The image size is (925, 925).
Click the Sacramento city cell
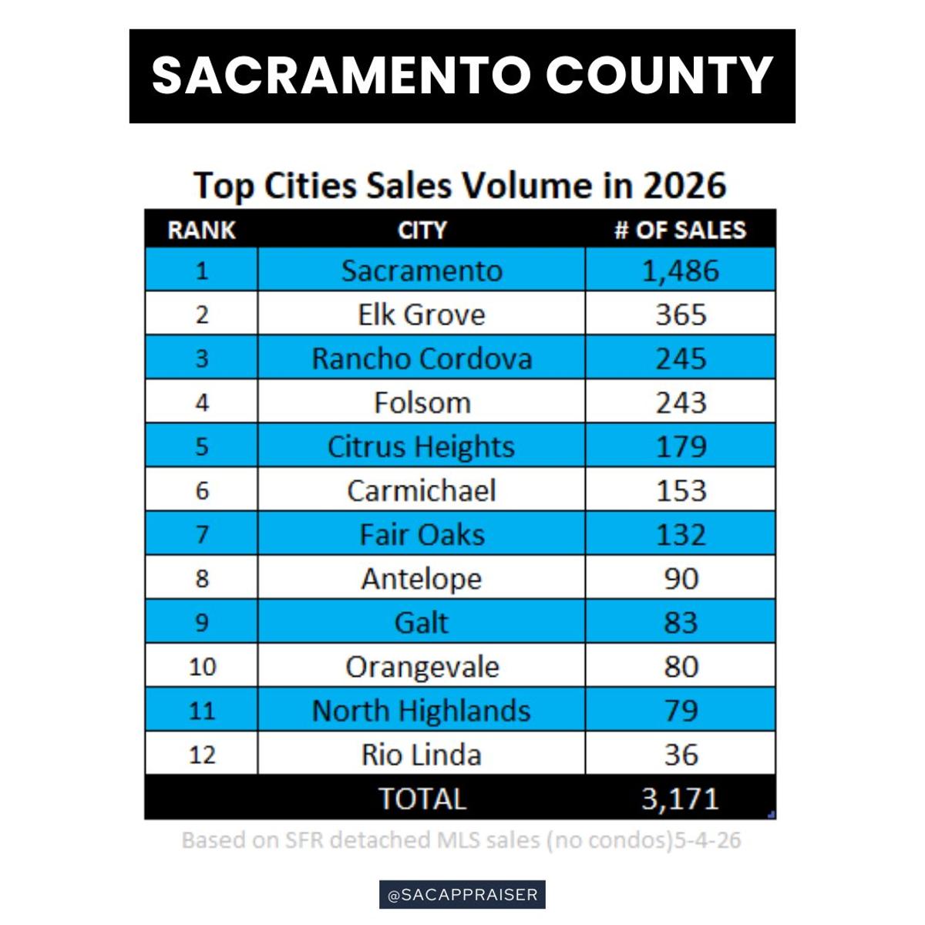(422, 271)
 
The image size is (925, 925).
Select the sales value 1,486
(680, 271)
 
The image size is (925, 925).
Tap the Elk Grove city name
(422, 315)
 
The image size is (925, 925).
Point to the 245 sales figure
(681, 358)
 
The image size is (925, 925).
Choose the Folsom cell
(422, 402)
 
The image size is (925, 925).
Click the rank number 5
(202, 446)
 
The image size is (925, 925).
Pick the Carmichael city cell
(421, 490)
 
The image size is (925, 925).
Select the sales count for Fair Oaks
(681, 535)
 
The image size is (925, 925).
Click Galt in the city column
(421, 623)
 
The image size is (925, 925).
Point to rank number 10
(202, 667)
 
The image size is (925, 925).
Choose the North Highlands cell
(421, 711)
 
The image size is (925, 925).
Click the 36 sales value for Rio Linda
(681, 755)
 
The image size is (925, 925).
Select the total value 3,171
(680, 799)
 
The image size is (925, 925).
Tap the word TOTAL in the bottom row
(422, 799)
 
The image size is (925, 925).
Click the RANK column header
(202, 230)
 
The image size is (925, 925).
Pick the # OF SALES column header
(680, 230)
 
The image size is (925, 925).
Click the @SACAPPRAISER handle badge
(462, 895)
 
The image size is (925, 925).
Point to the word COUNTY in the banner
(659, 76)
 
